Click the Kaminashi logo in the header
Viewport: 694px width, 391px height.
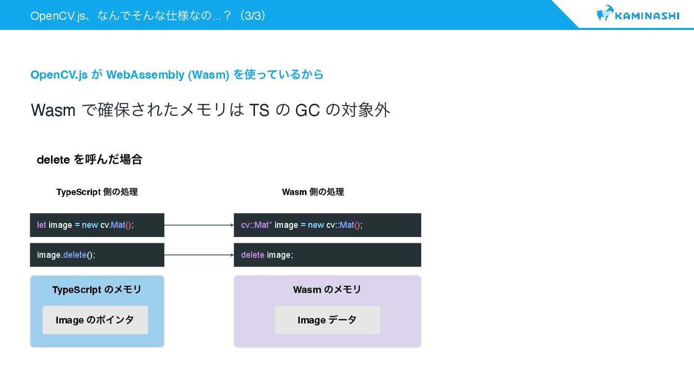pyautogui.click(x=638, y=15)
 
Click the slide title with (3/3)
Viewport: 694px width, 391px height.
pyautogui.click(x=148, y=15)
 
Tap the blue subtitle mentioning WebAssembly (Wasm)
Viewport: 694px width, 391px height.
pyautogui.click(x=177, y=75)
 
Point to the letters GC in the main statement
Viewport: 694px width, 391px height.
pyautogui.click(x=307, y=111)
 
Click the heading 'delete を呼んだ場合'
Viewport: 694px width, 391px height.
pyautogui.click(x=90, y=160)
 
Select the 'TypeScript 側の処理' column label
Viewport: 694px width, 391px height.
pyautogui.click(x=97, y=192)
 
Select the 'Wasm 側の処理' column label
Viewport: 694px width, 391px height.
pyautogui.click(x=313, y=192)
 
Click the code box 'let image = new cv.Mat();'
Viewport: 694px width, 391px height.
pyautogui.click(x=97, y=225)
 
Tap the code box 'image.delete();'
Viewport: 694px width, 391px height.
pyautogui.click(x=97, y=255)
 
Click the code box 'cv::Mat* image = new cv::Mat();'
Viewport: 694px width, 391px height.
pyautogui.click(x=327, y=225)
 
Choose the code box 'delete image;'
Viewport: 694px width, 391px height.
pyautogui.click(x=327, y=255)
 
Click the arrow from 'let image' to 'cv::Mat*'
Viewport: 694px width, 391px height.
pyautogui.click(x=199, y=225)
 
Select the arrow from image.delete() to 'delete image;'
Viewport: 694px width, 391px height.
pyautogui.click(x=199, y=255)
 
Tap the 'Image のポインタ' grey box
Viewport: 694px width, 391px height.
pyautogui.click(x=95, y=320)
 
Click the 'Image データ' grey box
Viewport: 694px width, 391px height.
pyautogui.click(x=327, y=320)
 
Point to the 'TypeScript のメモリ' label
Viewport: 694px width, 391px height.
pyautogui.click(x=97, y=290)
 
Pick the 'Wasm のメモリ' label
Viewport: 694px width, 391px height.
pyautogui.click(x=327, y=290)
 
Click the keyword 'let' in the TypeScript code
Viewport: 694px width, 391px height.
pyautogui.click(x=41, y=225)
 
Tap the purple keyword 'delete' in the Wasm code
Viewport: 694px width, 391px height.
pyautogui.click(x=253, y=255)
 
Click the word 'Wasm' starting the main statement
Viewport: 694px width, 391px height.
pyautogui.click(x=53, y=111)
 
